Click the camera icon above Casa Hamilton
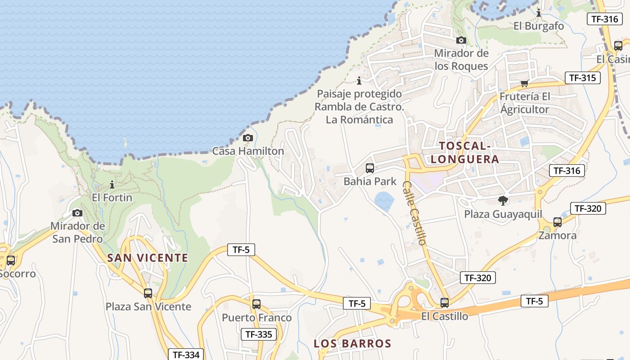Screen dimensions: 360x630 [x=248, y=138]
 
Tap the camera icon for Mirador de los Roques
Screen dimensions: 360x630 [x=461, y=40]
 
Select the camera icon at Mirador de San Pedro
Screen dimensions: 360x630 [x=77, y=213]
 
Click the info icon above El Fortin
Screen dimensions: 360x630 [x=112, y=184]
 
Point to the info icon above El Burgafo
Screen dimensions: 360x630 [x=539, y=13]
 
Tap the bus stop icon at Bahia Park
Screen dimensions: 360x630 [x=370, y=168]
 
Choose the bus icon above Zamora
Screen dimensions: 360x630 [x=558, y=222]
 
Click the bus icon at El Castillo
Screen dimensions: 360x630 [x=445, y=303]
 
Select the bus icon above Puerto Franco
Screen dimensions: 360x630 [x=256, y=304]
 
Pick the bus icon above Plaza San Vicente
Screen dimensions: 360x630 [x=148, y=293]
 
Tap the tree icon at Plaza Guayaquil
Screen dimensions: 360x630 [x=503, y=201]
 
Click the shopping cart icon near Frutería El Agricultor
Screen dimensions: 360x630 [x=524, y=83]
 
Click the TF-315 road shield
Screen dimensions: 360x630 [x=583, y=78]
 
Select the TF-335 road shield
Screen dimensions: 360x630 [x=258, y=334]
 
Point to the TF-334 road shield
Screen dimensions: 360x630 [x=186, y=355]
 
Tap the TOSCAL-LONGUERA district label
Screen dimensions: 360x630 [x=464, y=153]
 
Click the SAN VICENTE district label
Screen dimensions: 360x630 [x=148, y=258]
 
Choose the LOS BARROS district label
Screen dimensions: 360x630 [x=352, y=344]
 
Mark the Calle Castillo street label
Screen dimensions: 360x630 [x=414, y=213]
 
